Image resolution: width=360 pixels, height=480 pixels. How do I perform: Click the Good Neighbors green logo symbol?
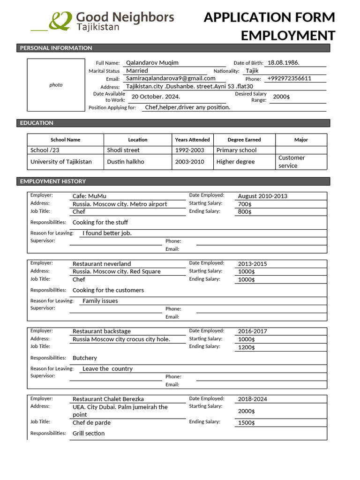click(61, 21)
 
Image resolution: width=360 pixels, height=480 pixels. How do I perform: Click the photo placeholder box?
click(56, 85)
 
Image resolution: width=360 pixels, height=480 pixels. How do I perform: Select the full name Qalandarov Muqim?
click(152, 63)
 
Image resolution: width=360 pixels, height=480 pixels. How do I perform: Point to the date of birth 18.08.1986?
click(283, 63)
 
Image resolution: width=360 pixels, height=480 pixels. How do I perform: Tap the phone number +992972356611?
click(289, 78)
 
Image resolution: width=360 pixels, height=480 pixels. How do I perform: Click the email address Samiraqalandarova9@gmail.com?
click(171, 78)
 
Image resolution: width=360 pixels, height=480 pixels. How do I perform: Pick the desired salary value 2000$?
click(281, 97)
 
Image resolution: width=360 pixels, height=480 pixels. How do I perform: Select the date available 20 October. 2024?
click(156, 97)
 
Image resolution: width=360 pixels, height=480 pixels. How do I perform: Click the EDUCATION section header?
click(37, 123)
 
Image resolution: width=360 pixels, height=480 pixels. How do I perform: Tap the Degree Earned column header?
click(244, 140)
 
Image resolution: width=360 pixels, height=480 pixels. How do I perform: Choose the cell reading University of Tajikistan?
click(61, 162)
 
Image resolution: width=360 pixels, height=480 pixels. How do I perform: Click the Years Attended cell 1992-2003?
click(189, 150)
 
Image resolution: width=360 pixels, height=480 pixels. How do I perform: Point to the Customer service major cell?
click(291, 162)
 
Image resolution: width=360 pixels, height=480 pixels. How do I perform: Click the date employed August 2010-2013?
click(262, 196)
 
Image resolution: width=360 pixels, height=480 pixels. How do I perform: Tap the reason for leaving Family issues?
click(100, 301)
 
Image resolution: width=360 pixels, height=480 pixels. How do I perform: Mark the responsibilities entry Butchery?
click(85, 358)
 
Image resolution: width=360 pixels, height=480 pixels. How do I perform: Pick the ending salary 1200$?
click(247, 347)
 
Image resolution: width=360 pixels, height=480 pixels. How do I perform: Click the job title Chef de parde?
click(91, 423)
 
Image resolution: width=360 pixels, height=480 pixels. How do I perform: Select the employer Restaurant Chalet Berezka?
click(108, 399)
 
